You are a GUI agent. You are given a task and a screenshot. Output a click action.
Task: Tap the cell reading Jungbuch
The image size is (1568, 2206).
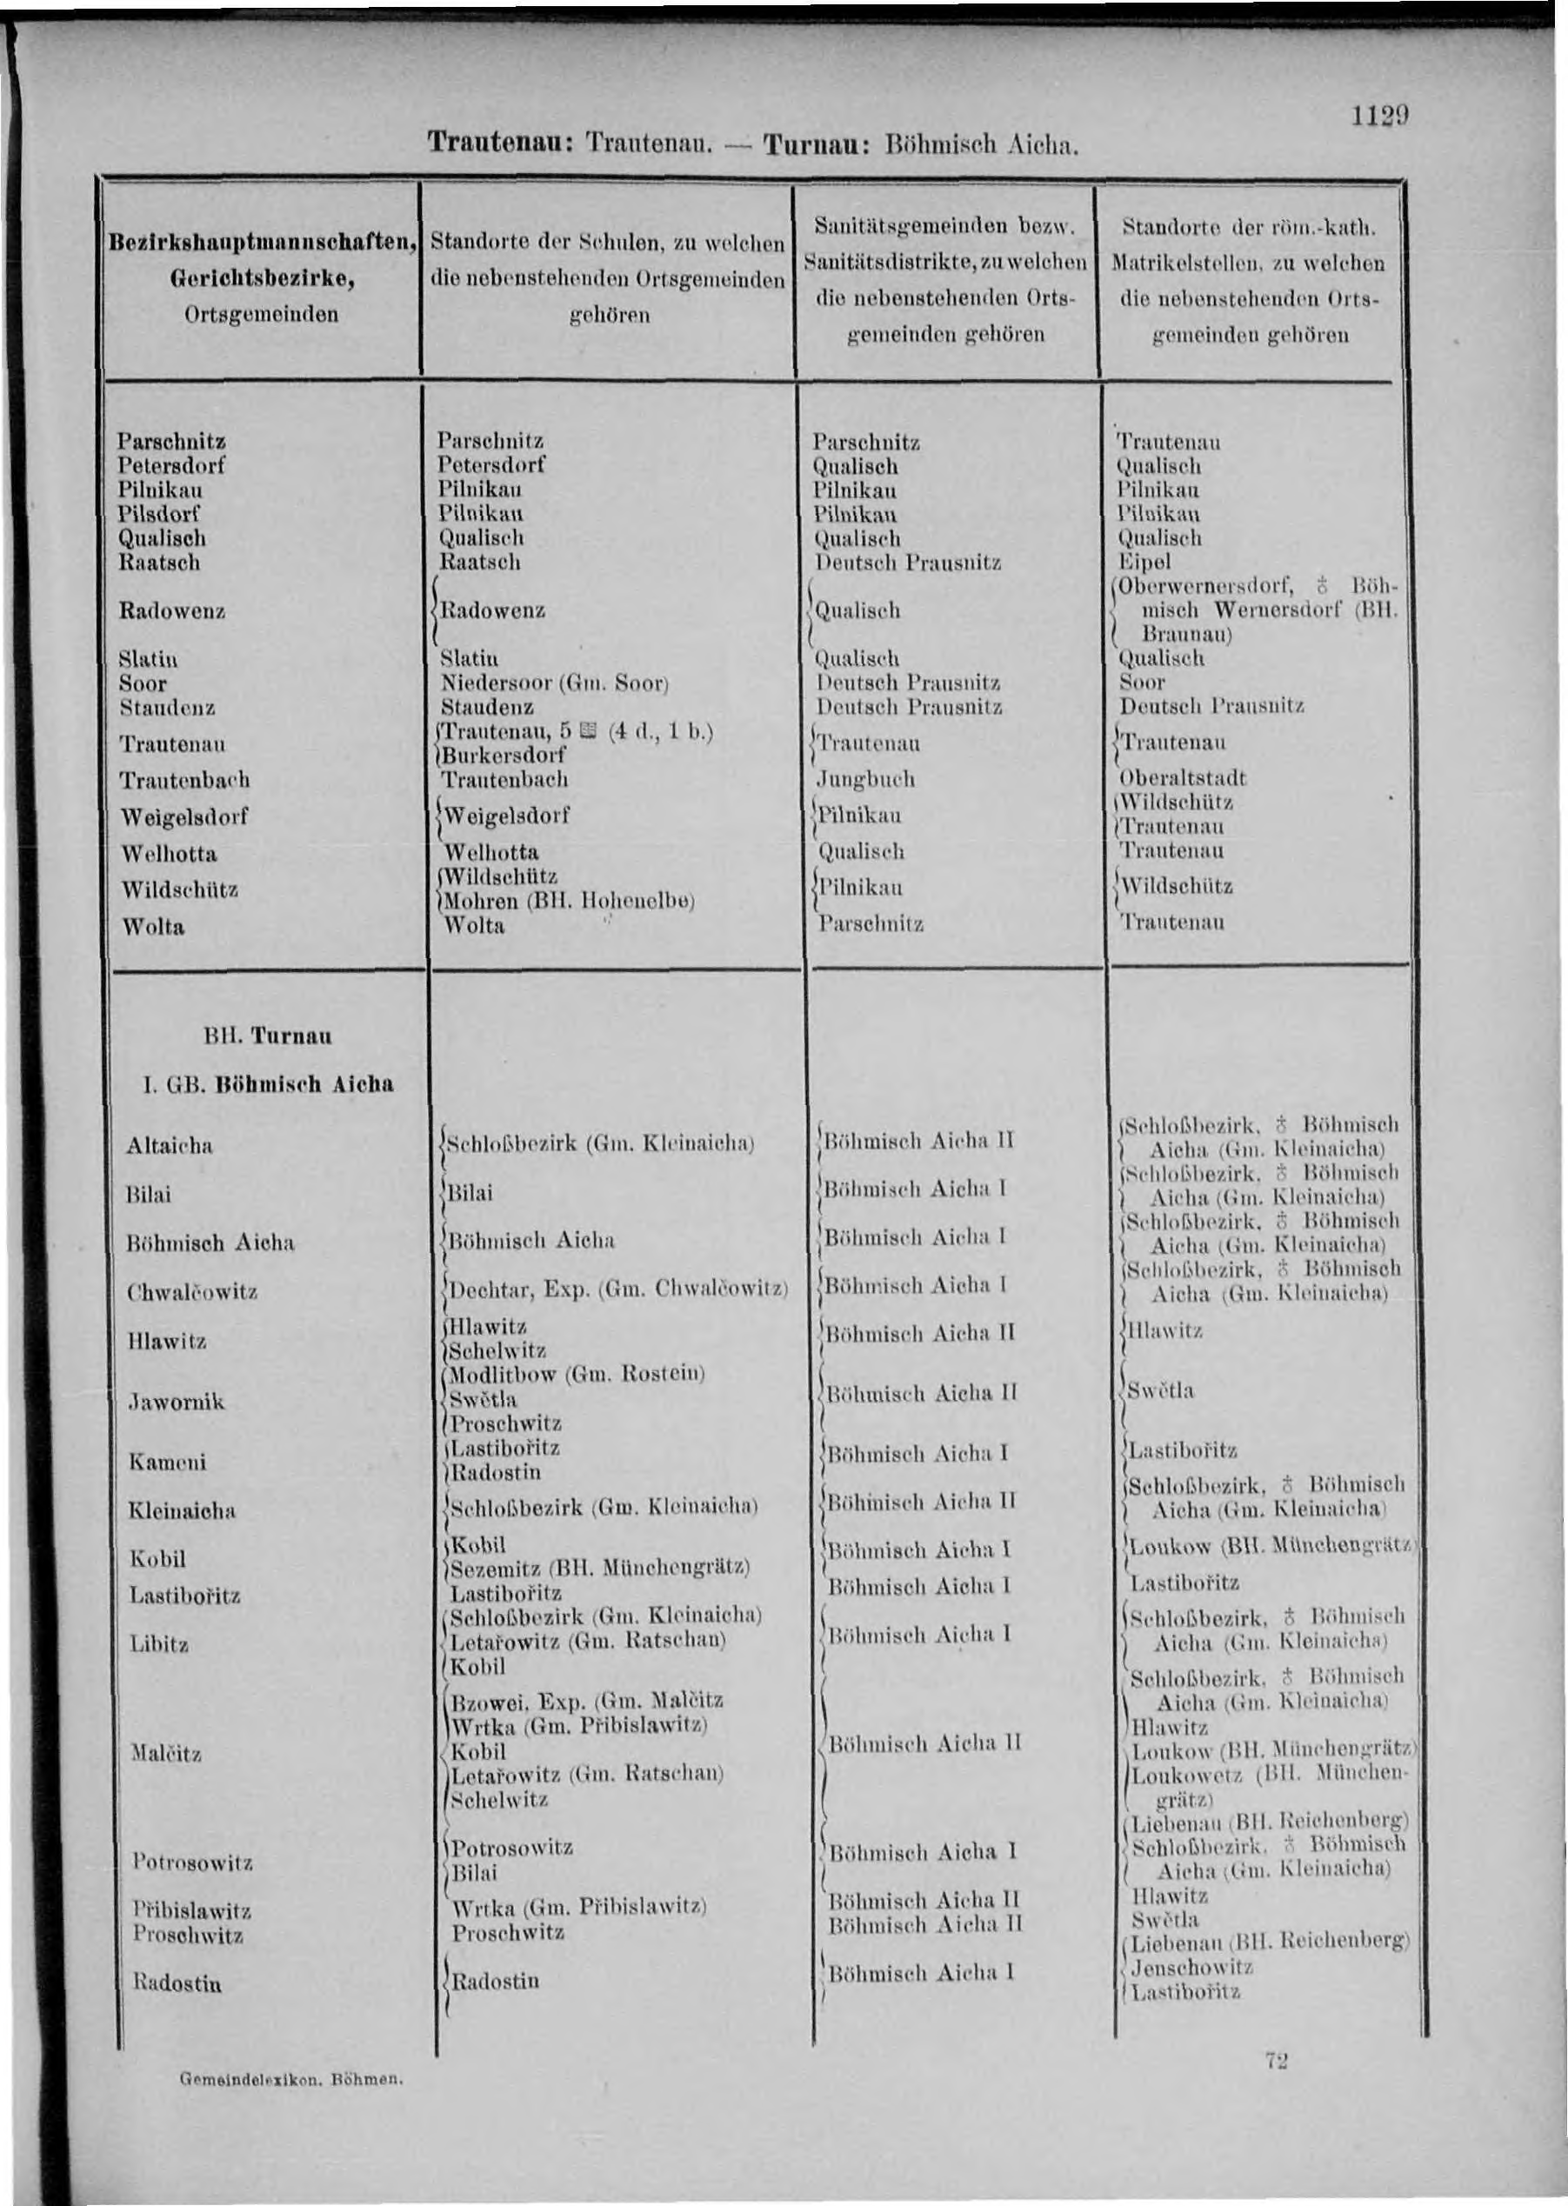865,778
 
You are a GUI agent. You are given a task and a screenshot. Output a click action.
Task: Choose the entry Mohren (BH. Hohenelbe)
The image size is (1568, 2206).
568,901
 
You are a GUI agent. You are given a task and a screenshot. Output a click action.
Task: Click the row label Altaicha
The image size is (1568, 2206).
169,1146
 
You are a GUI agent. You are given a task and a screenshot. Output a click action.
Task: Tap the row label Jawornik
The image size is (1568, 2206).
177,1402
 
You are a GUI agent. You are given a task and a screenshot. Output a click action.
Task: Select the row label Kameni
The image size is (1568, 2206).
167,1463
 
